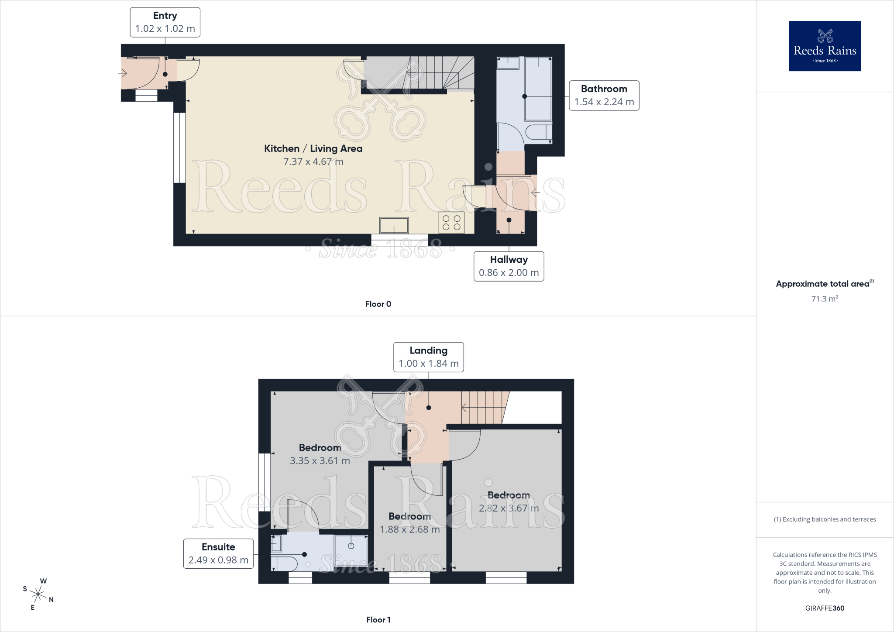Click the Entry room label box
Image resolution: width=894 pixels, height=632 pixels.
pyautogui.click(x=165, y=22)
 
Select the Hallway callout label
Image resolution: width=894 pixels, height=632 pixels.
pyautogui.click(x=509, y=266)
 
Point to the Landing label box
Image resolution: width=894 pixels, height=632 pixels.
pyautogui.click(x=429, y=357)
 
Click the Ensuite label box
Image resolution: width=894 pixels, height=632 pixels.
pyautogui.click(x=218, y=553)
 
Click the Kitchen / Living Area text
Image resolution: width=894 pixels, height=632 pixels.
pyautogui.click(x=313, y=148)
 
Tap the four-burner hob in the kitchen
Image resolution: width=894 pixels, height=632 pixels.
pyautogui.click(x=451, y=223)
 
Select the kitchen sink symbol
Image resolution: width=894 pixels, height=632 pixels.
pyautogui.click(x=394, y=225)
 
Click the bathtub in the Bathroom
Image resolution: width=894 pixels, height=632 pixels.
pyautogui.click(x=538, y=89)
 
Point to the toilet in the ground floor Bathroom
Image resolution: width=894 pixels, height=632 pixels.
pyautogui.click(x=539, y=132)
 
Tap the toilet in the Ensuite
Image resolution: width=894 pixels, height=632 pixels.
pyautogui.click(x=284, y=563)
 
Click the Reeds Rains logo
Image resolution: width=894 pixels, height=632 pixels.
pyautogui.click(x=825, y=46)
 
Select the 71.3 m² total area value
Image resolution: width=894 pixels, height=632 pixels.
pyautogui.click(x=825, y=299)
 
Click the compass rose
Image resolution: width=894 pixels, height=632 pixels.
pyautogui.click(x=38, y=594)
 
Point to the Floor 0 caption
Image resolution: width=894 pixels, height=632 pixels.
pyautogui.click(x=378, y=304)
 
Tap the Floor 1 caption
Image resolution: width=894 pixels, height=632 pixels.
pyautogui.click(x=378, y=620)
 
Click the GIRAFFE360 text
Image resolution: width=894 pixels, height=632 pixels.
pyautogui.click(x=825, y=608)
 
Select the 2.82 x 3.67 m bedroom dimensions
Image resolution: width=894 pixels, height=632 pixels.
pyautogui.click(x=509, y=508)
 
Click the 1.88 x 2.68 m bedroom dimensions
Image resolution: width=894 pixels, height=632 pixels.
pyautogui.click(x=410, y=529)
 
